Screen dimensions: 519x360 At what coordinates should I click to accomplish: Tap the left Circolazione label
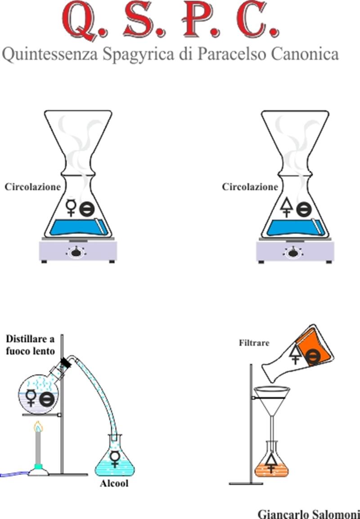(x=32, y=187)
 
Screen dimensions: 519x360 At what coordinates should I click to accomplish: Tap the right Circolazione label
(x=250, y=187)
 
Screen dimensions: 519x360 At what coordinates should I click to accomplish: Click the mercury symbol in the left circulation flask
(x=71, y=207)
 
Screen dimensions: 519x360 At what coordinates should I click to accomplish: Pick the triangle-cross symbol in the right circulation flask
(x=287, y=208)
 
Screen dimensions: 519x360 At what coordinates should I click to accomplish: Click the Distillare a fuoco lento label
(x=31, y=345)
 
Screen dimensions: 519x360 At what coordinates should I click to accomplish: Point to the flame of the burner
(x=38, y=426)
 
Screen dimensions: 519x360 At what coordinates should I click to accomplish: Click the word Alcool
(x=114, y=483)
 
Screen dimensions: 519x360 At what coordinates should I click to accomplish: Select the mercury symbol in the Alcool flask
(x=115, y=458)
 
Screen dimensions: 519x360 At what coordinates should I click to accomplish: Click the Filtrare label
(x=254, y=343)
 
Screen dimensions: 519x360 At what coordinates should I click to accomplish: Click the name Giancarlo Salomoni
(x=309, y=514)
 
